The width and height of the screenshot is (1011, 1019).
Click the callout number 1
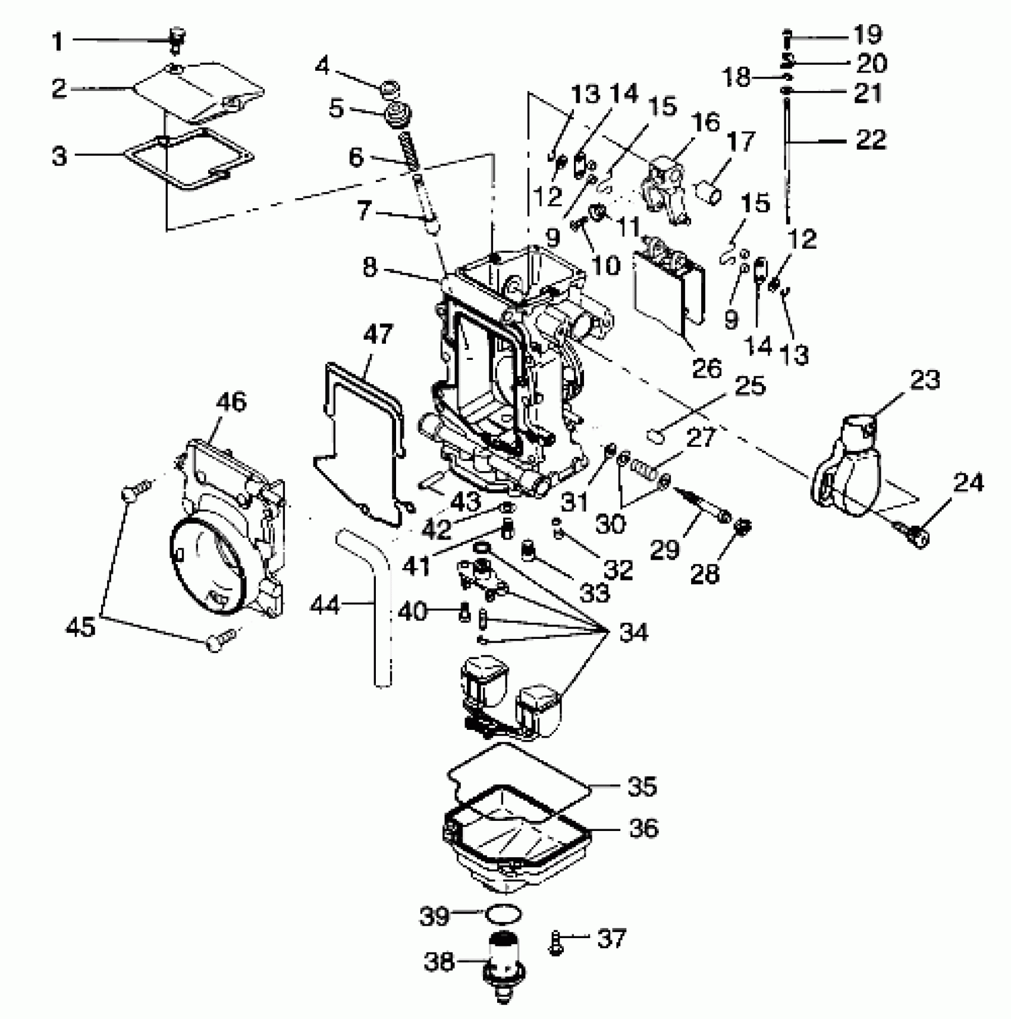[58, 42]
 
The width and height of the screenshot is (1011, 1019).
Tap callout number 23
[924, 380]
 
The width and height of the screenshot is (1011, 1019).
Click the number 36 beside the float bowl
[643, 828]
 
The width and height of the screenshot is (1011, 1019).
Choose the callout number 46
[231, 402]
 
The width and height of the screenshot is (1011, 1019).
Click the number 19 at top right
[868, 35]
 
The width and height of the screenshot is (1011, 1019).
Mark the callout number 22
[871, 140]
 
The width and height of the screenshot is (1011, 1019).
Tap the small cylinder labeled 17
[708, 192]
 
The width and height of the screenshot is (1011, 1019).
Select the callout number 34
[633, 632]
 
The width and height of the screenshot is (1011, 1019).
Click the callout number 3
[59, 157]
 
